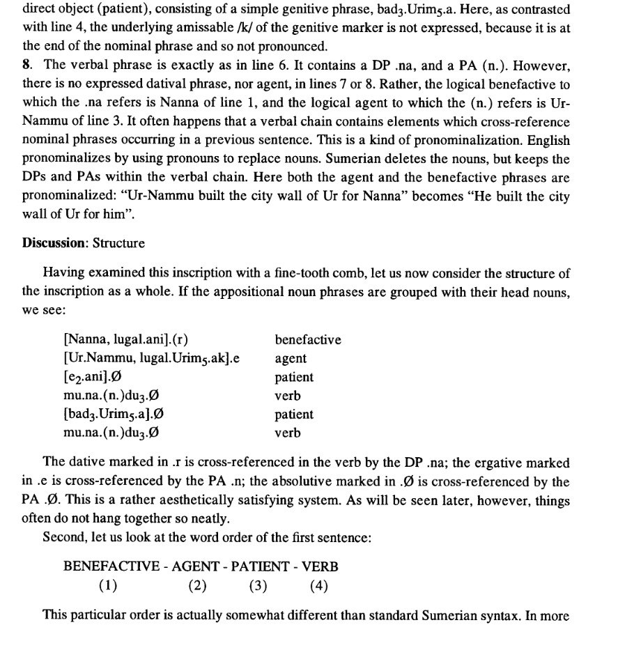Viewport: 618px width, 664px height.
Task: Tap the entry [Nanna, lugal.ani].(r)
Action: click(x=126, y=341)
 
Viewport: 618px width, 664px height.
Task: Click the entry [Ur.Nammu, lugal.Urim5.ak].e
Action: click(x=150, y=359)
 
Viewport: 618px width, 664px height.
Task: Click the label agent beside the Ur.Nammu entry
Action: click(x=291, y=359)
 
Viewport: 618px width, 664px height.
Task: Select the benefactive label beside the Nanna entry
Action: click(x=308, y=340)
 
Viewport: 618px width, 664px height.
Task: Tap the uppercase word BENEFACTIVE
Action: click(x=111, y=566)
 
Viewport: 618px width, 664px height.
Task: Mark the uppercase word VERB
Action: click(x=320, y=566)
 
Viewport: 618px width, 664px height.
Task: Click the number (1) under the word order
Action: click(x=107, y=586)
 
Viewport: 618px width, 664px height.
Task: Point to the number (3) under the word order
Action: click(x=258, y=586)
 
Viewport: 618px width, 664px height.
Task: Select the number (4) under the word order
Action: click(x=318, y=586)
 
